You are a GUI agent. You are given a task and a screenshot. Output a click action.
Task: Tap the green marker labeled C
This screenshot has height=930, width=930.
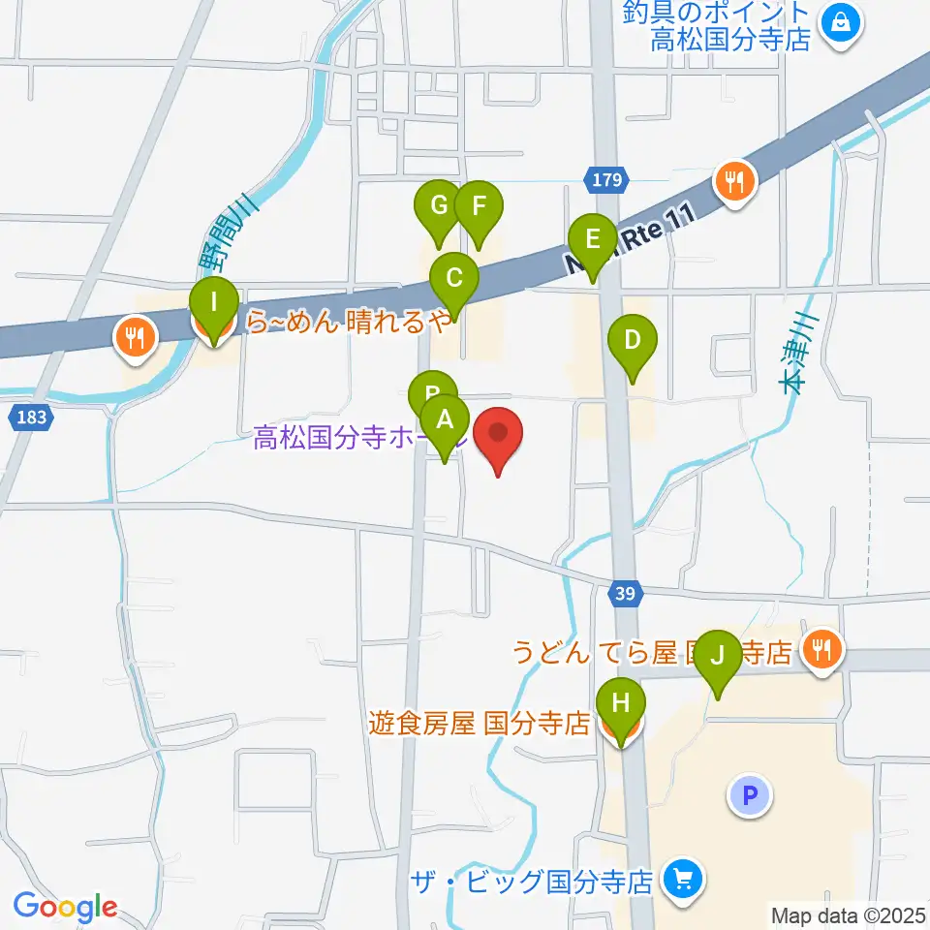pos(453,280)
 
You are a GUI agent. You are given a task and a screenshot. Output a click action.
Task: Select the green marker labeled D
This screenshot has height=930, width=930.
pos(632,341)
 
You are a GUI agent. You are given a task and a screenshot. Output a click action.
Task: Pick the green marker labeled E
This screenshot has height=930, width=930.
pos(592,239)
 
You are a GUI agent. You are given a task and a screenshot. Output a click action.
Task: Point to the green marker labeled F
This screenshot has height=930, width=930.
pos(479,206)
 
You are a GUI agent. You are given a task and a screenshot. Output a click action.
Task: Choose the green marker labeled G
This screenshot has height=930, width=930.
pos(438,206)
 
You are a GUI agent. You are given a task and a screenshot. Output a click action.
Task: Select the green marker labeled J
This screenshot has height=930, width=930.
pos(718,658)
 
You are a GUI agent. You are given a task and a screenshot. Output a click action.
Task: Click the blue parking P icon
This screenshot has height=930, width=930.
pos(749,796)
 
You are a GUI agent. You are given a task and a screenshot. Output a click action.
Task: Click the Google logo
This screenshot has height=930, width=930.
pos(65,908)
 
